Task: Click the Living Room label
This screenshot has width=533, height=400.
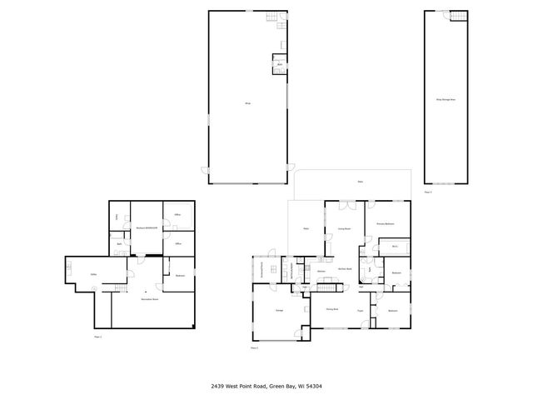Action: coord(343,228)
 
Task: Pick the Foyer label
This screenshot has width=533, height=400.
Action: coord(361,310)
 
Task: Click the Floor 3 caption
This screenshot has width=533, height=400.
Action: coord(428,192)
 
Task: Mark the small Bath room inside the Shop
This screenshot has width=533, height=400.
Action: coord(280,64)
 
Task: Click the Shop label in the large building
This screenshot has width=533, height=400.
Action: coord(247,102)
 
